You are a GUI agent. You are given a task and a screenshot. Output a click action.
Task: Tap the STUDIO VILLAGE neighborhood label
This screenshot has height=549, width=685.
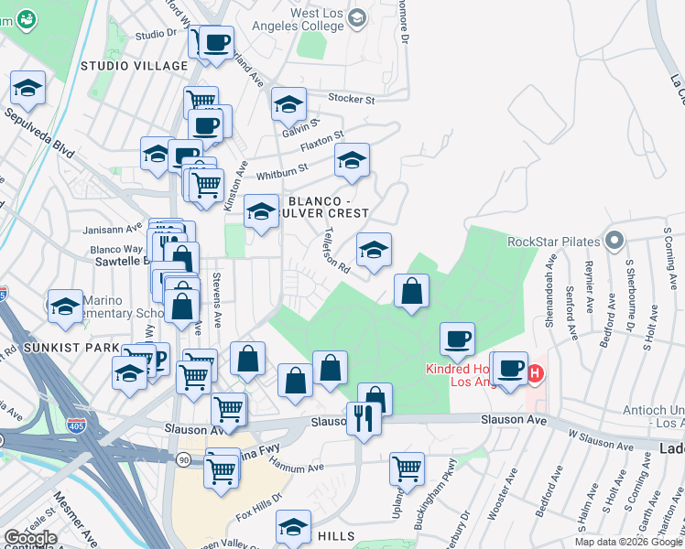tap(134, 66)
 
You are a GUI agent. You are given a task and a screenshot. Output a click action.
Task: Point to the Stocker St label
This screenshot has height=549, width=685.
tap(353, 98)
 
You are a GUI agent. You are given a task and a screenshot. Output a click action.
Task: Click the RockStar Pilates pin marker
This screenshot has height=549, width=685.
tap(614, 242)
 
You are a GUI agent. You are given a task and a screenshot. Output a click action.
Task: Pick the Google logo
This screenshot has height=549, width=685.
tap(30, 538)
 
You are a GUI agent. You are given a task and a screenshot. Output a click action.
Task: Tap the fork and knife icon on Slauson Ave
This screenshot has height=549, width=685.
tap(364, 418)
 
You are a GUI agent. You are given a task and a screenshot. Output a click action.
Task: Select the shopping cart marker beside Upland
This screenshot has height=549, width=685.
tap(407, 468)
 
